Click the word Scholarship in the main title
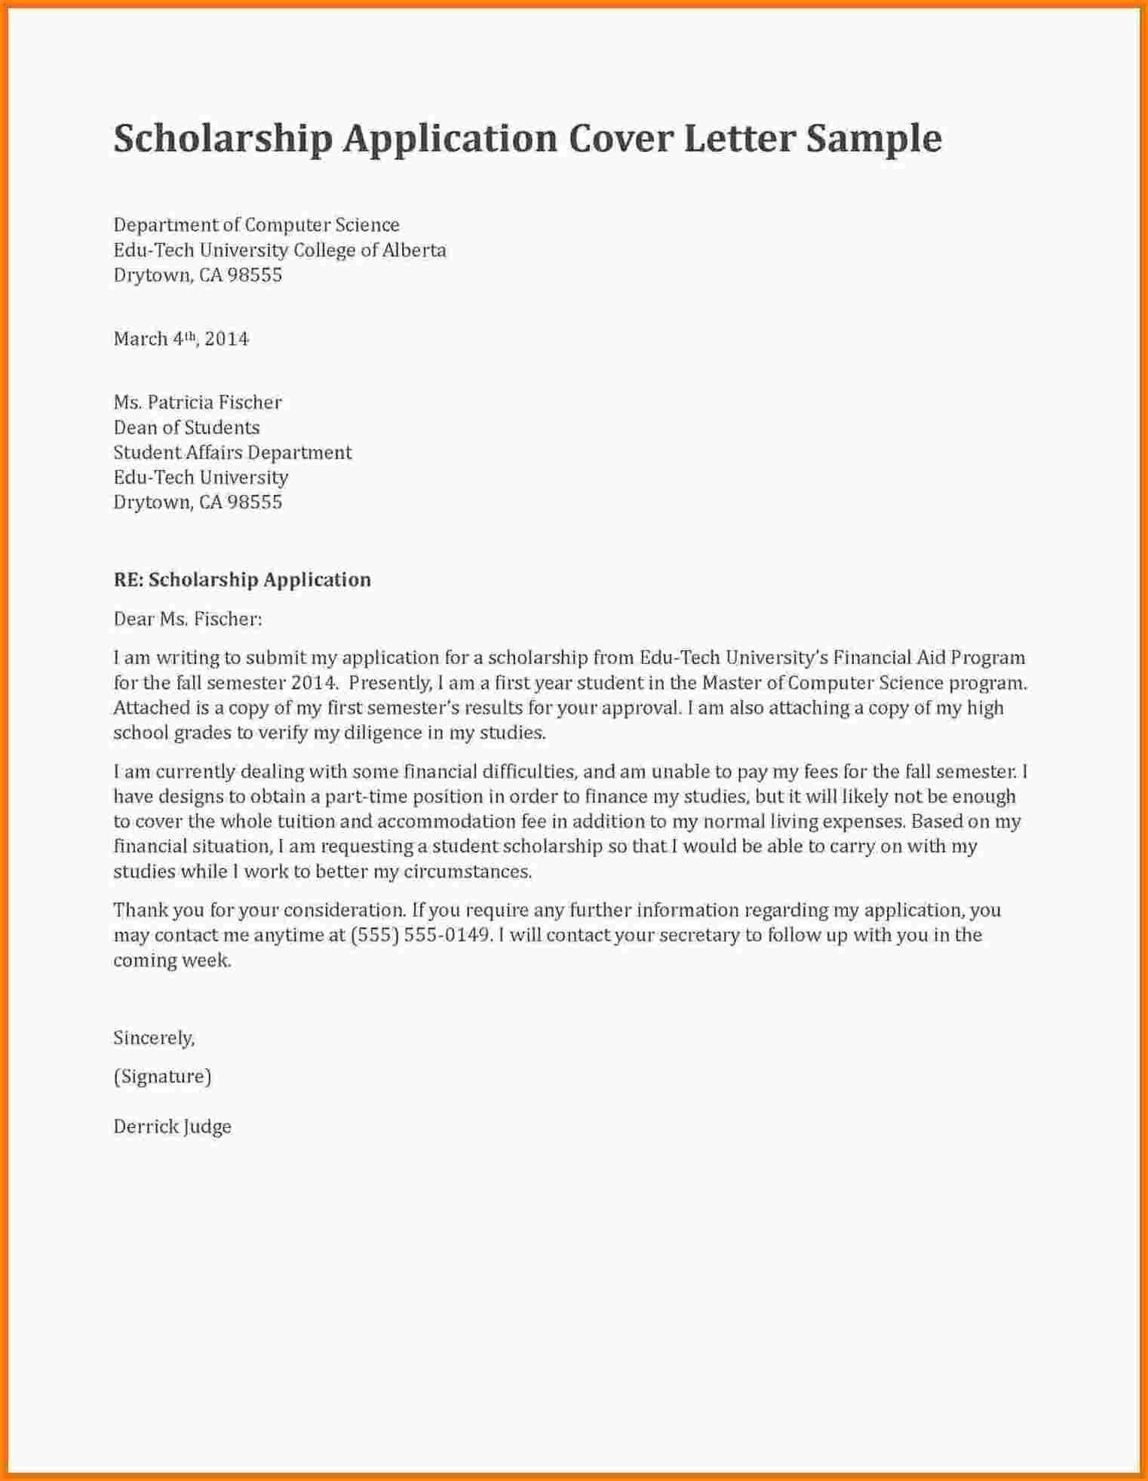[223, 139]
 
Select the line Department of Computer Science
[256, 225]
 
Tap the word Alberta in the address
[414, 250]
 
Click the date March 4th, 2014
[181, 339]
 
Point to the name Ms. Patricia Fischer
[198, 402]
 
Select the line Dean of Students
[186, 427]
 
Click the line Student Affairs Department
[232, 452]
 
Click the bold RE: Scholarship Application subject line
[242, 579]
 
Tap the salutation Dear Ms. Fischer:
[188, 619]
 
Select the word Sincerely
[154, 1038]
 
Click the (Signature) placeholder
[162, 1077]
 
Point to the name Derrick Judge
[173, 1127]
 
